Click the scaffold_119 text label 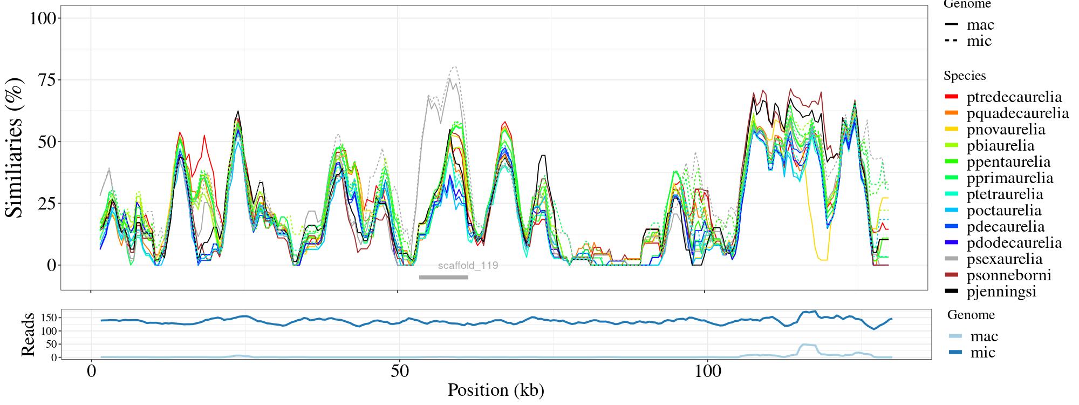468,266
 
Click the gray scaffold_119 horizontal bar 443,278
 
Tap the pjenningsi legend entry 1001,292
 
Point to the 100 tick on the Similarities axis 43,18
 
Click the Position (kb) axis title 496,390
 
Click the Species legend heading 965,76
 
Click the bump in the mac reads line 808,345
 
